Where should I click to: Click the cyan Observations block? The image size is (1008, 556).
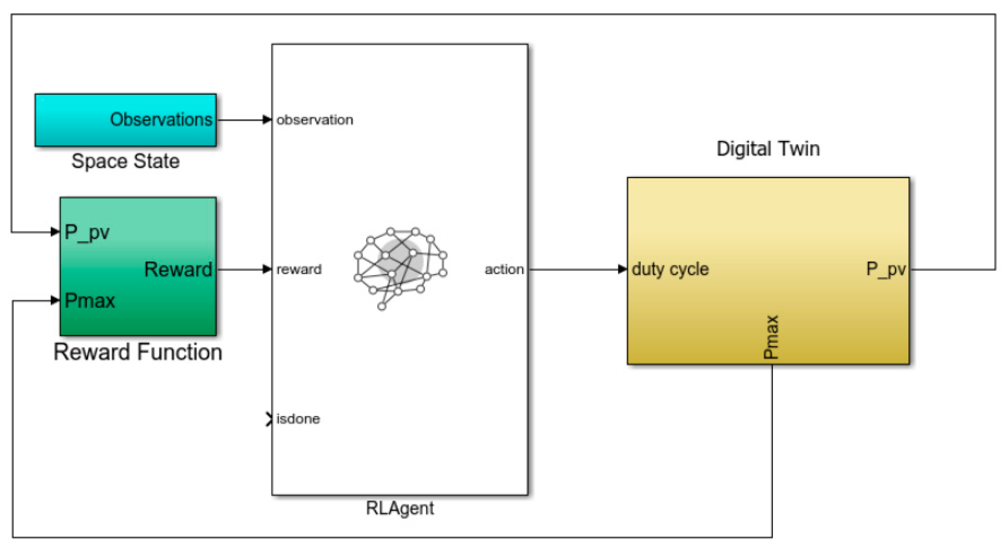click(x=126, y=120)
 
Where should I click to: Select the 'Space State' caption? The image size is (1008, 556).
click(x=126, y=161)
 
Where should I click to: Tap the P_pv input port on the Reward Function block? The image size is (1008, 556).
click(x=87, y=233)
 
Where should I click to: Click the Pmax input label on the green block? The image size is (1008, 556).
click(x=90, y=301)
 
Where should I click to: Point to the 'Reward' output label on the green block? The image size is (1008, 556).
click(x=178, y=269)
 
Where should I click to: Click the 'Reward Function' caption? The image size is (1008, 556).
click(x=138, y=352)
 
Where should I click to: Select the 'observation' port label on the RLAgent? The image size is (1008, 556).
click(x=314, y=120)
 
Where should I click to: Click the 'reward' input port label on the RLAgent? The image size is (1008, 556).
click(x=299, y=269)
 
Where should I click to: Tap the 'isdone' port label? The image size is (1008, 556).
click(x=298, y=418)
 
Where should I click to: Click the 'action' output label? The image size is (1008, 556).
click(x=504, y=269)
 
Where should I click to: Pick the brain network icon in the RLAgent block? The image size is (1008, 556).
click(x=400, y=267)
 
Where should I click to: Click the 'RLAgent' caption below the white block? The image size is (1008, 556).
click(x=400, y=508)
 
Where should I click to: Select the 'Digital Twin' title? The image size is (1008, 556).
click(x=768, y=149)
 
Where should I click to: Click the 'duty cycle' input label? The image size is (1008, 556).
click(x=670, y=269)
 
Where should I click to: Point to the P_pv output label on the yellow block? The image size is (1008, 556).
click(x=885, y=269)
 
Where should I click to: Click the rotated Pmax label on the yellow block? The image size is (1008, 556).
click(x=771, y=337)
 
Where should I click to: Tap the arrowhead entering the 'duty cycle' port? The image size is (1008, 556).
click(x=623, y=269)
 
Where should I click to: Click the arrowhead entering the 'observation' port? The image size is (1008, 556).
click(x=267, y=120)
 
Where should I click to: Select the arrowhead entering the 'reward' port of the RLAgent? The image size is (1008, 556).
click(x=267, y=269)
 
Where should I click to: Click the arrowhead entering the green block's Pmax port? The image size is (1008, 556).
click(x=55, y=301)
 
